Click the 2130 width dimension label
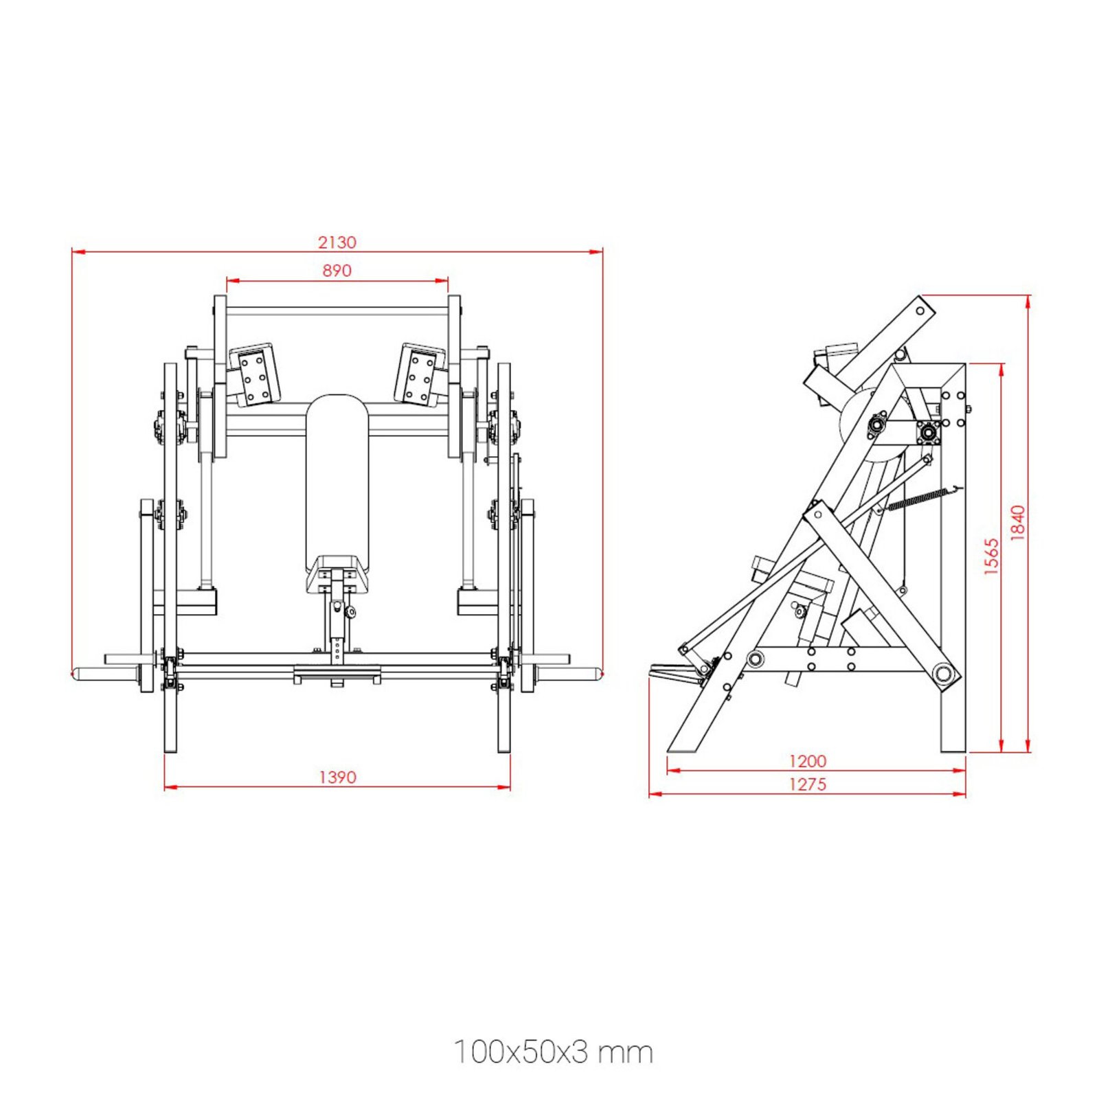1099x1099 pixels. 337,242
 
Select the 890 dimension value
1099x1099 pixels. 337,271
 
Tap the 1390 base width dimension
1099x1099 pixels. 337,777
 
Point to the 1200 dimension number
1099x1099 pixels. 807,761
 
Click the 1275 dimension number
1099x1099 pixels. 807,784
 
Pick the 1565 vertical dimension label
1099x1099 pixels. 991,556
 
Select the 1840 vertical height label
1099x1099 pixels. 1018,523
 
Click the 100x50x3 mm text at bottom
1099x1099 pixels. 553,1052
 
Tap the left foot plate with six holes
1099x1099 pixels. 256,375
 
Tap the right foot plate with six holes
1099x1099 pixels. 419,375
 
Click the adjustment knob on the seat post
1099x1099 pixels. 351,611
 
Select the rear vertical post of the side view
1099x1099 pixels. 953,563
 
